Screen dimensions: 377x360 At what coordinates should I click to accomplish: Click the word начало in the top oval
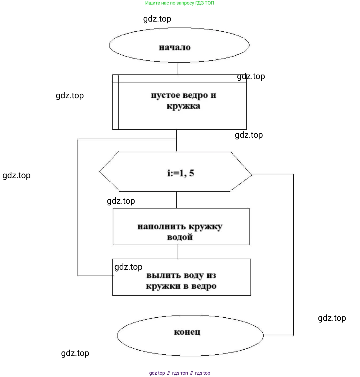coord(175,48)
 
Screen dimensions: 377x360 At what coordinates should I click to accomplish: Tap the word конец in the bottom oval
coord(187,332)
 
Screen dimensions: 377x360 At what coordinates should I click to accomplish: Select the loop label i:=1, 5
coord(181,173)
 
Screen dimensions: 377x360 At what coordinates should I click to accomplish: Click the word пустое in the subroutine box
coord(165,95)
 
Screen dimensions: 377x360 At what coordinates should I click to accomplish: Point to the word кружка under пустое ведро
coord(183,106)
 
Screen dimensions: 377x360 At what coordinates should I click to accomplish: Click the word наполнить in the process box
coord(161,227)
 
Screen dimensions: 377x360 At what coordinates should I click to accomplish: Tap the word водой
coord(180,237)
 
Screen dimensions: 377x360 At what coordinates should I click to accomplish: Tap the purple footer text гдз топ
coord(180,373)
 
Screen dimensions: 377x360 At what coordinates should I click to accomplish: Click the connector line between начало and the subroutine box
coord(178,68)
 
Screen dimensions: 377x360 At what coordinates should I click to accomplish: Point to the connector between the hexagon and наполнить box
coord(176,200)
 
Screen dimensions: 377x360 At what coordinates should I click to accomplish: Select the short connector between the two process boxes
coord(178,252)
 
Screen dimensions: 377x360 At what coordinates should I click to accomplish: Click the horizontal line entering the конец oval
coord(278,335)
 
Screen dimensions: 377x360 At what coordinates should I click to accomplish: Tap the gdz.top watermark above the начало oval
coord(157,19)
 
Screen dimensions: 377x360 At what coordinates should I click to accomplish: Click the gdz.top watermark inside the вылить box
coord(128,267)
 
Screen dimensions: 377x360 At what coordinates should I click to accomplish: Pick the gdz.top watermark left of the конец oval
coord(75,353)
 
